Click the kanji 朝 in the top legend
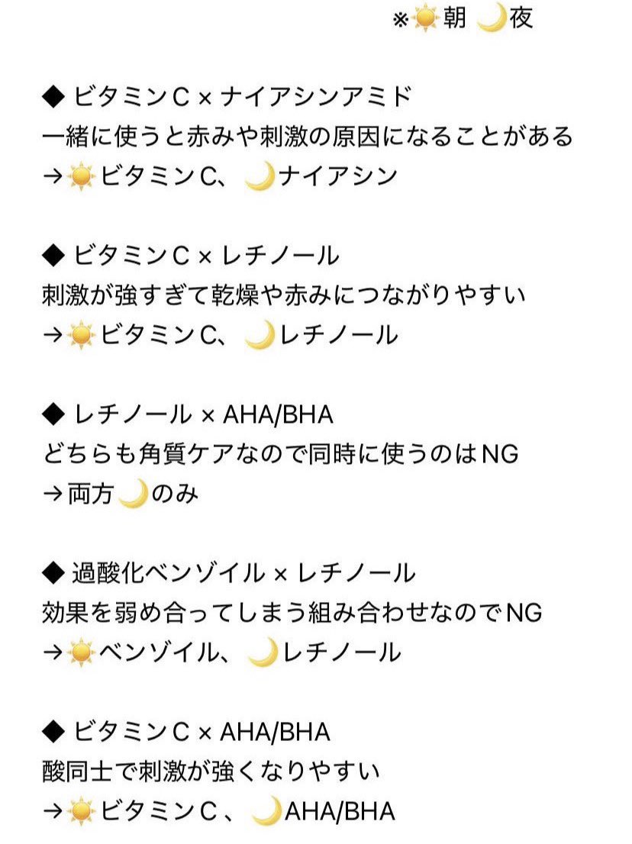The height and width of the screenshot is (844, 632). click(455, 18)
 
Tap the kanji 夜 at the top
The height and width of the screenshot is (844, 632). click(521, 18)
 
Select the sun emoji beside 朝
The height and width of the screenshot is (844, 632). click(425, 19)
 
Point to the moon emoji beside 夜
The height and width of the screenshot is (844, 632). click(492, 19)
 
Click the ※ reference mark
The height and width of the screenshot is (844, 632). click(401, 20)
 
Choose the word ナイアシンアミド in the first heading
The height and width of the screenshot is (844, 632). click(316, 98)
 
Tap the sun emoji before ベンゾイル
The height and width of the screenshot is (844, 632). click(81, 653)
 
